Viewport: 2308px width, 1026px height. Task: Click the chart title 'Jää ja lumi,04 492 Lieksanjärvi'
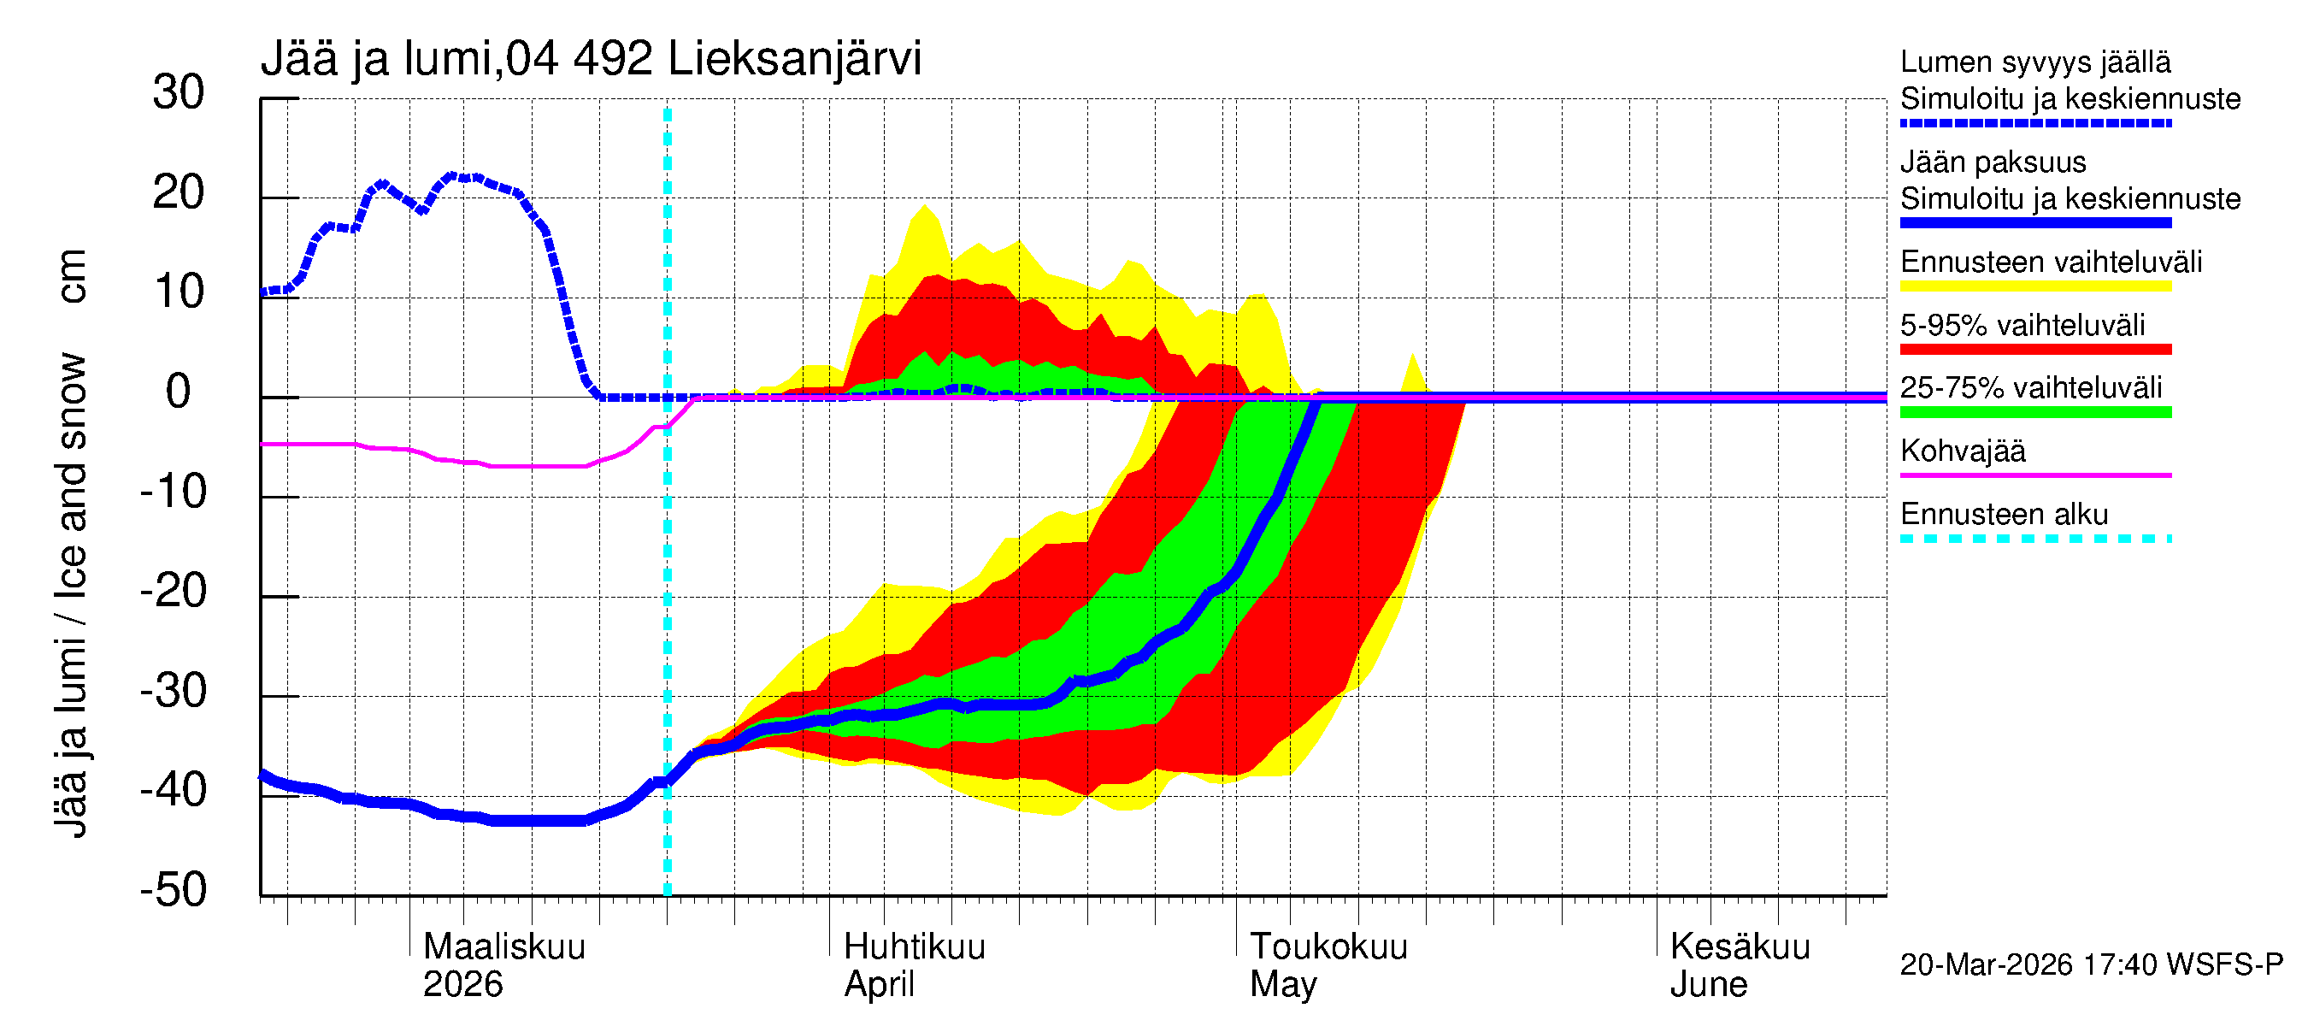pos(591,59)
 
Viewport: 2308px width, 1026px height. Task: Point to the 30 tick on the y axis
pos(179,93)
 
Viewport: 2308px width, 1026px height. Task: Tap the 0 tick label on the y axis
pos(179,392)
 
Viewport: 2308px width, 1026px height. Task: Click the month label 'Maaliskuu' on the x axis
pos(503,947)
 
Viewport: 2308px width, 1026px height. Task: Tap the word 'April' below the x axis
pos(878,985)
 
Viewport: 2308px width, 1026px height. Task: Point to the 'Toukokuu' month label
pos(1328,947)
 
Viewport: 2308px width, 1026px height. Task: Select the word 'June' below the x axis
pos(1708,985)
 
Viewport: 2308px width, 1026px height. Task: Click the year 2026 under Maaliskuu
pos(462,985)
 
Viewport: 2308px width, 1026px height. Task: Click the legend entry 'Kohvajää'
pos(1962,451)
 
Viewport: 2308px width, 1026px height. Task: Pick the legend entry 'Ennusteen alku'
pos(2004,516)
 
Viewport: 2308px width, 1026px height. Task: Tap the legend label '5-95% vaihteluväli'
pos(2022,325)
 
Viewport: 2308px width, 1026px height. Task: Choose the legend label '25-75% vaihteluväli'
pos(2030,388)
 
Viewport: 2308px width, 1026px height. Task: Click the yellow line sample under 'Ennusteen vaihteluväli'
pos(2034,286)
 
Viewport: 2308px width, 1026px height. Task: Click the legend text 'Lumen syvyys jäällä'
pos(2034,62)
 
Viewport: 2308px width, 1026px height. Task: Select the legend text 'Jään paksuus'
pos(1993,163)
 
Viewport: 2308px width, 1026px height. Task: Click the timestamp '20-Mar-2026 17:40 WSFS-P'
pos(2091,965)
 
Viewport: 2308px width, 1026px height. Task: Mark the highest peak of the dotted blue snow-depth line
pos(452,175)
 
